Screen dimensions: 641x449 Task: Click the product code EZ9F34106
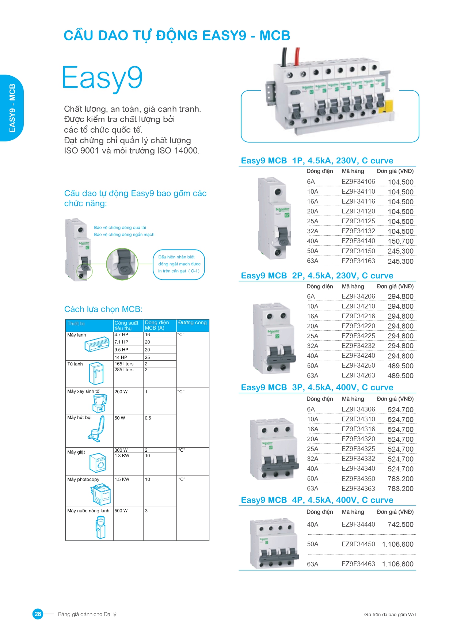pyautogui.click(x=358, y=182)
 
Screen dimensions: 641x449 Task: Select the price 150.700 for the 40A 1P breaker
pyautogui.click(x=400, y=241)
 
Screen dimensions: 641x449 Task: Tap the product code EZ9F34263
pyautogui.click(x=358, y=375)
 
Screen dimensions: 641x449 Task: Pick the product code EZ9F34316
pyautogui.click(x=358, y=429)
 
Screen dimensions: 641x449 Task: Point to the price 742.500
pyautogui.click(x=400, y=524)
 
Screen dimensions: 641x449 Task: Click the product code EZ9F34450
pyautogui.click(x=358, y=544)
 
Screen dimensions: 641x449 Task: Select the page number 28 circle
pyautogui.click(x=38, y=614)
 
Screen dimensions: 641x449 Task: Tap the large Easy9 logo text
pyautogui.click(x=102, y=78)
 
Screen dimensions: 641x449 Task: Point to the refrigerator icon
pyautogui.click(x=96, y=373)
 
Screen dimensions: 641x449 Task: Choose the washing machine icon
pyautogui.click(x=98, y=463)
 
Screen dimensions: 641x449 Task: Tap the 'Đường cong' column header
pyautogui.click(x=193, y=323)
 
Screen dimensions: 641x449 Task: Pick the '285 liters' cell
pyautogui.click(x=124, y=370)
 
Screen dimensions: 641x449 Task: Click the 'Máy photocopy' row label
pyautogui.click(x=83, y=479)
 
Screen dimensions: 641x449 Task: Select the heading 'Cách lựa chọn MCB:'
pyautogui.click(x=103, y=309)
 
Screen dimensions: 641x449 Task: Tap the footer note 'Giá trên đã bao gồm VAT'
pyautogui.click(x=390, y=615)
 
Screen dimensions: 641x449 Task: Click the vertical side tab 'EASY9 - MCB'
pyautogui.click(x=12, y=108)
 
